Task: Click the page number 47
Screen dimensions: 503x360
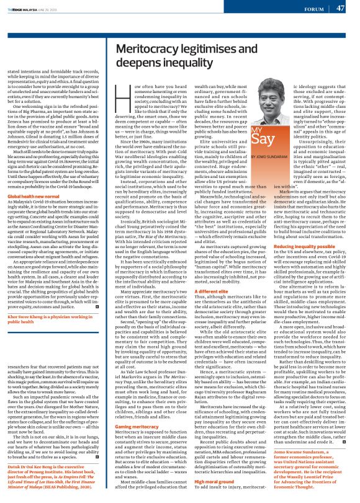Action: point(341,8)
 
